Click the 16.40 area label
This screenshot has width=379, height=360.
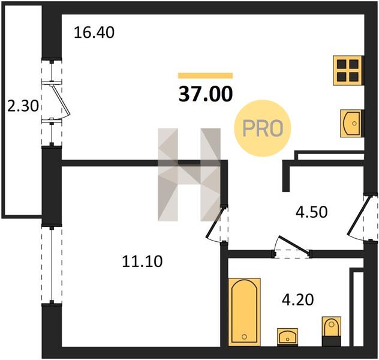point(94,32)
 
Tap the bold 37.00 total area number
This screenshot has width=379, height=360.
point(206,94)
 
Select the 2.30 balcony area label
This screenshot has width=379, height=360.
point(23,106)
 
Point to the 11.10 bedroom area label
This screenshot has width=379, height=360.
point(142,262)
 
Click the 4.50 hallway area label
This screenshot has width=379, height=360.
point(312,212)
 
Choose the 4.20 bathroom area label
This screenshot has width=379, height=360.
point(298,299)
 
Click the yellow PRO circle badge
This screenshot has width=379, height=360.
point(263,128)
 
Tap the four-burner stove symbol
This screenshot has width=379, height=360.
point(348,70)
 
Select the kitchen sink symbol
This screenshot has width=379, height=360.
point(351,124)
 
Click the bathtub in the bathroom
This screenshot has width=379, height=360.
point(244,312)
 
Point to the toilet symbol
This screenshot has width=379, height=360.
point(332,331)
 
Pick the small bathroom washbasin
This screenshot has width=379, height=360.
point(287,337)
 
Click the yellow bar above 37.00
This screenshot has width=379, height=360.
point(206,76)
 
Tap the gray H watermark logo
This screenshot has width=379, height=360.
point(189,175)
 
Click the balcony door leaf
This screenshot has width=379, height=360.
point(60,100)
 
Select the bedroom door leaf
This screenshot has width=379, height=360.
point(215,221)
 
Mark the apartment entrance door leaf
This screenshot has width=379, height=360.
point(359,215)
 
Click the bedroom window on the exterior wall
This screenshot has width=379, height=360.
point(52,265)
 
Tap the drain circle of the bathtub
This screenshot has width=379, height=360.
point(244,337)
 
